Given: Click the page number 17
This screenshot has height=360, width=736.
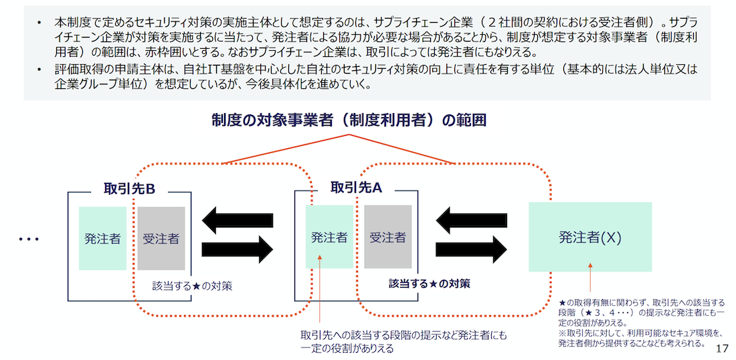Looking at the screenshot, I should pos(721,349).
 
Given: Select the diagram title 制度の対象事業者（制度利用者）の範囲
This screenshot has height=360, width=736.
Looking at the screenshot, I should pos(349,120).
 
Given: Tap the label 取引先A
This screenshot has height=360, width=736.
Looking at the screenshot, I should pos(356,189).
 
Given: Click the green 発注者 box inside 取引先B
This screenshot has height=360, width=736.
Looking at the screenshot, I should pos(102,238).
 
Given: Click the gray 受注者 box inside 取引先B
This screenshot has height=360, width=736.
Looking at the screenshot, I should pos(161,238).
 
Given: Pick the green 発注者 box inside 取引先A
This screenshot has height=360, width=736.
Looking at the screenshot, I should pos(329,237).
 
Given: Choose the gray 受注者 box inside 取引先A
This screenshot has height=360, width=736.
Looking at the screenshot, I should pos(388,237).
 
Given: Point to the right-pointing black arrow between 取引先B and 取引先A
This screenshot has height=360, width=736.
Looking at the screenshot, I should pos(237,250).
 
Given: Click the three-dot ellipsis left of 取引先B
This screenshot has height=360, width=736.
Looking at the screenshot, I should pos(29,239).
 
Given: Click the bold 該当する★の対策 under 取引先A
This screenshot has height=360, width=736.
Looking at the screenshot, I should pos(429,283).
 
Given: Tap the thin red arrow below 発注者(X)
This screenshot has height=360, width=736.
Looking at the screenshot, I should pos(590,277).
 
